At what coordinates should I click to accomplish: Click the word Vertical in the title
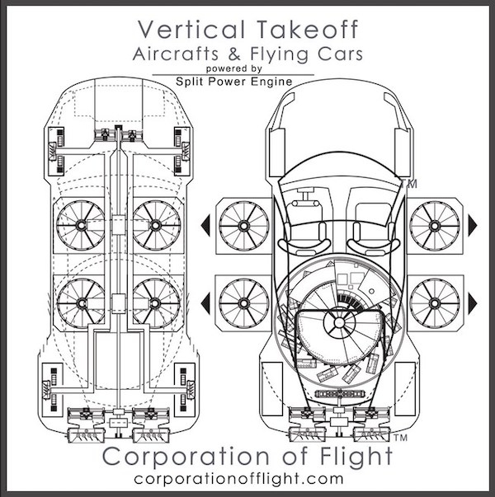[191, 29]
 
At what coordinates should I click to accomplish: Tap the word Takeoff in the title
[307, 29]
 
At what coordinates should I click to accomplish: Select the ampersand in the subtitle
[233, 54]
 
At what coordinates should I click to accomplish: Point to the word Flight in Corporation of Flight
[356, 457]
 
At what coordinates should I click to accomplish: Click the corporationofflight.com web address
[238, 479]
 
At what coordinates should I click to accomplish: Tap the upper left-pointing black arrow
[205, 225]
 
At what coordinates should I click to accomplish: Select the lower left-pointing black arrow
[205, 303]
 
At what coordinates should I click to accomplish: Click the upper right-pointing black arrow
[473, 225]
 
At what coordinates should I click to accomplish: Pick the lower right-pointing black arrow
[473, 303]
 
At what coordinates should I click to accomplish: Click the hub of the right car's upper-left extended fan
[243, 226]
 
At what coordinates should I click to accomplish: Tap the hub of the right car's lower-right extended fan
[435, 303]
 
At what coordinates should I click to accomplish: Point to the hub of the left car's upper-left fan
[81, 225]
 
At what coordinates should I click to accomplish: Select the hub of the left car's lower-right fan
[155, 303]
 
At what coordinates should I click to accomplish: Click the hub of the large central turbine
[338, 323]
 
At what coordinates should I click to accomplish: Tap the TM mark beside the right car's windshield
[409, 184]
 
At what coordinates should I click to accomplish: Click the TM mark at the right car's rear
[400, 438]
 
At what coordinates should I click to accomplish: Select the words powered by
[233, 68]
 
